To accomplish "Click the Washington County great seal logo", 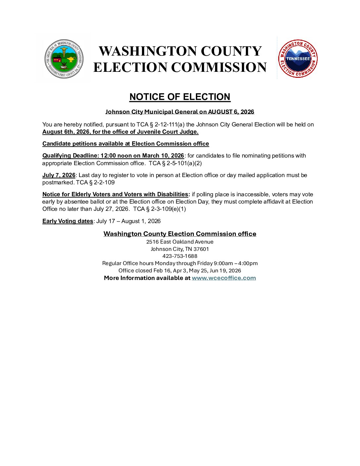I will tap(64, 59).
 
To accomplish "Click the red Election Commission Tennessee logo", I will tap(298, 59).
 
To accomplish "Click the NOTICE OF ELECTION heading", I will tap(180, 97).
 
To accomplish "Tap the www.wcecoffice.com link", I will tap(224, 278).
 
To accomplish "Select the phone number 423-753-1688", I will tap(180, 256).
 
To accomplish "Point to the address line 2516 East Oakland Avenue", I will tap(180, 242).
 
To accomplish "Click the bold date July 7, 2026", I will tap(59, 175).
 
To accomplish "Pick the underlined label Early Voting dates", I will tap(67, 221).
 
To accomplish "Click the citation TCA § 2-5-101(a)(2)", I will tap(175, 163).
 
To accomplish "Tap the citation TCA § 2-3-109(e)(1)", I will tap(159, 209).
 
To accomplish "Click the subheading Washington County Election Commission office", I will tap(180, 234).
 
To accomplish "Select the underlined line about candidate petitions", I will tap(126, 144).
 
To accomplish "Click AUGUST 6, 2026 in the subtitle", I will tap(231, 112).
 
